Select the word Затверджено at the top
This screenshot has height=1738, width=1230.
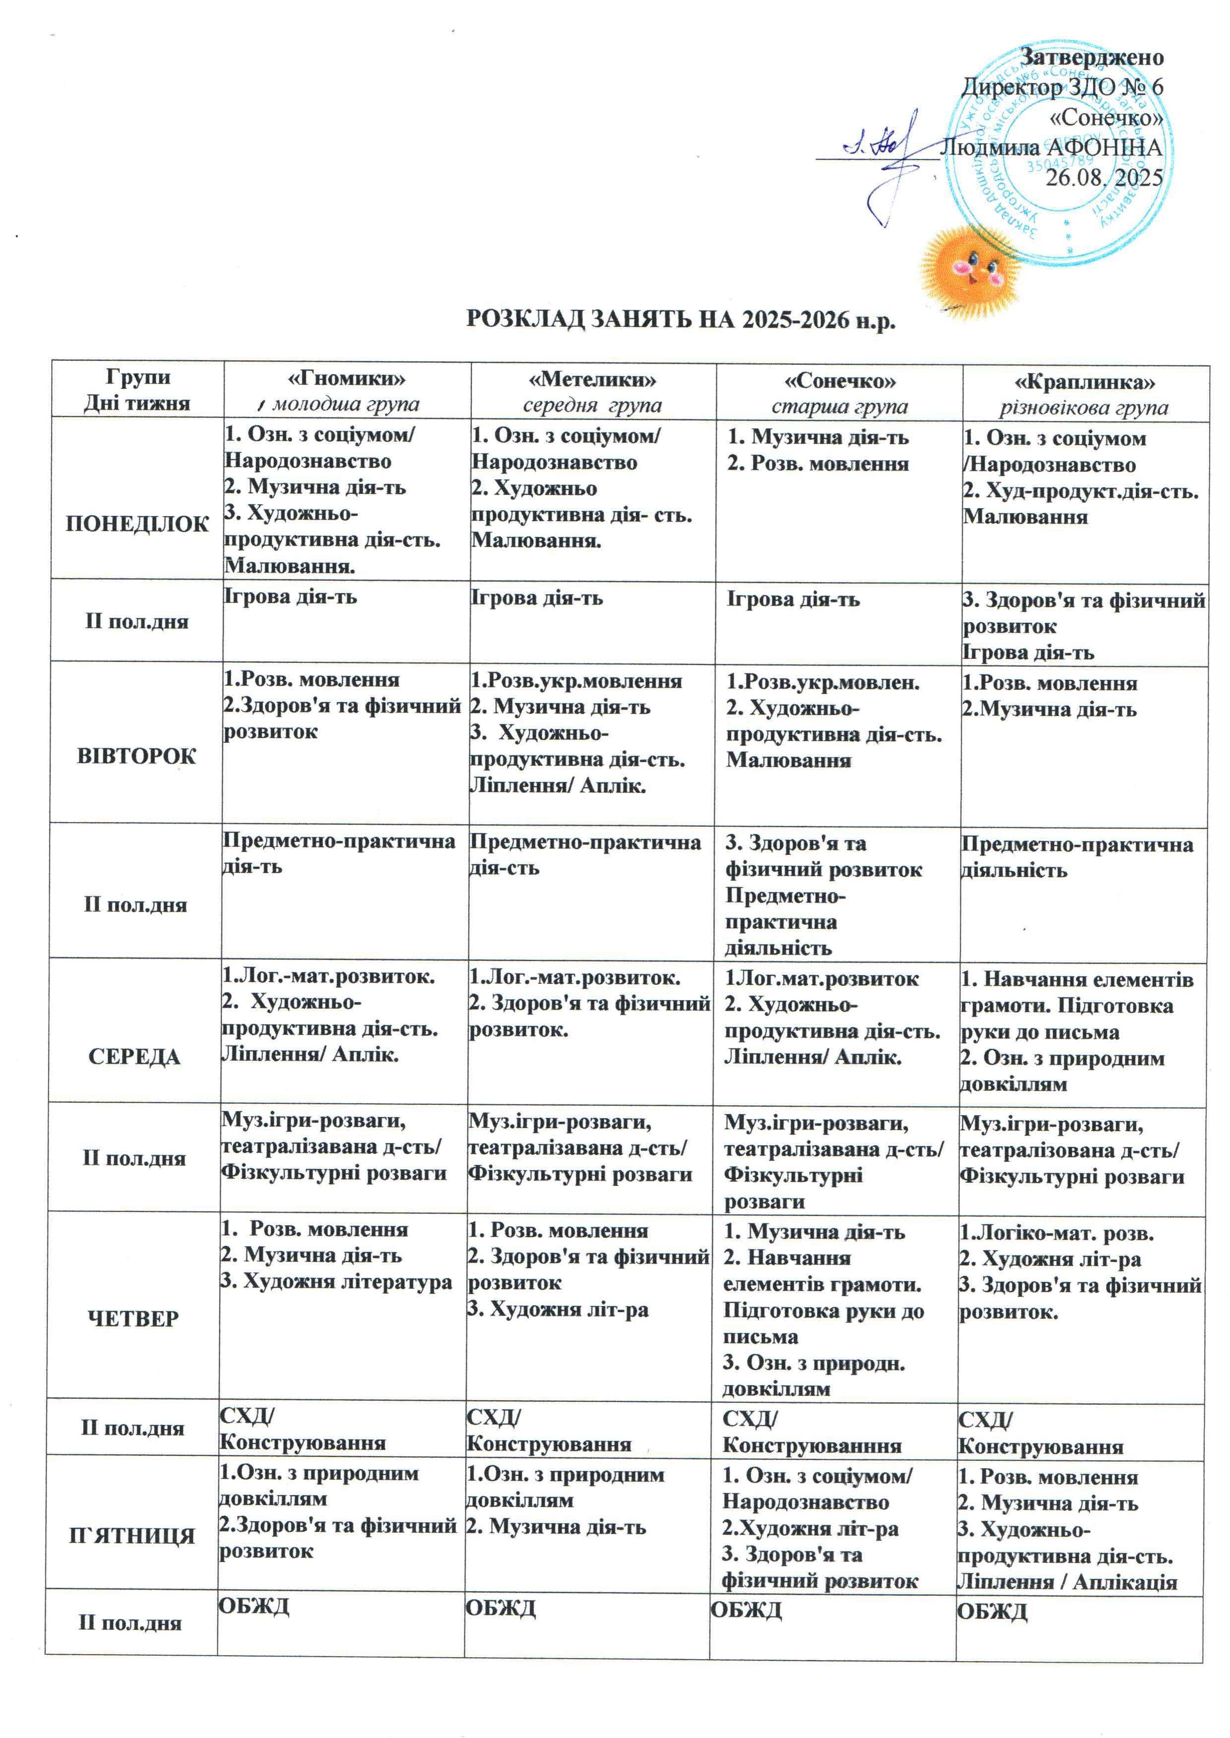(1092, 57)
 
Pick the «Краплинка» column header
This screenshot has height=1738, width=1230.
(1085, 381)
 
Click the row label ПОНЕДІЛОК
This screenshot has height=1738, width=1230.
(137, 524)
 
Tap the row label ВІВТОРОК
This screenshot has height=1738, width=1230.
(137, 756)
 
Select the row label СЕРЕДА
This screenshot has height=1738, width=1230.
(135, 1056)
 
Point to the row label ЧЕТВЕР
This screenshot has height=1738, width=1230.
(134, 1318)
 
